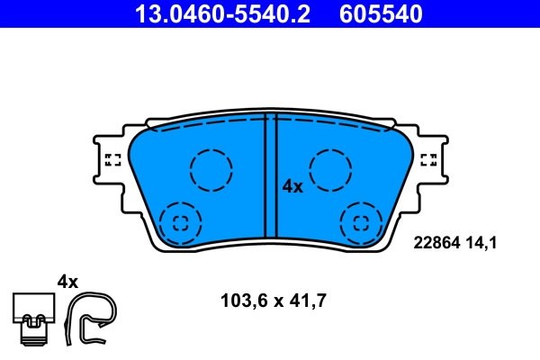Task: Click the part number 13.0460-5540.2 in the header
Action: (x=228, y=13)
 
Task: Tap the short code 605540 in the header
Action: (x=378, y=13)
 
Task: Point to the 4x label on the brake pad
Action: (x=292, y=186)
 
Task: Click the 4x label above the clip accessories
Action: (x=67, y=282)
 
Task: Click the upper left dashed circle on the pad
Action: (x=211, y=168)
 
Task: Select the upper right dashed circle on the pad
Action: (x=330, y=168)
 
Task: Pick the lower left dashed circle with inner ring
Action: (x=180, y=222)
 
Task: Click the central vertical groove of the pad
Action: (x=270, y=180)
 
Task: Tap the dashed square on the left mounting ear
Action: (x=112, y=160)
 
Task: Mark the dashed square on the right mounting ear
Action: (x=429, y=160)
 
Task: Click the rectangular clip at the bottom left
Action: (x=33, y=315)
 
